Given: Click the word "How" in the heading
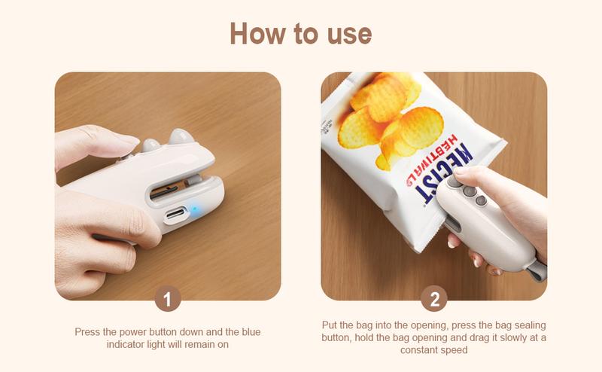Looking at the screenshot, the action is tap(257, 33).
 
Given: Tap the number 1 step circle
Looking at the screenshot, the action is tap(168, 298).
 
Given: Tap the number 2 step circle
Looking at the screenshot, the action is tap(434, 298).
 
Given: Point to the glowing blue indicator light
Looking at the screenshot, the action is tap(194, 209).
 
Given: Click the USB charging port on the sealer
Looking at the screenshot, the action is tap(176, 214).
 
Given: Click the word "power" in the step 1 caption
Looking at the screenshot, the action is tap(133, 332).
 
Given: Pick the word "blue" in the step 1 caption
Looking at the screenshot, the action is tap(251, 331).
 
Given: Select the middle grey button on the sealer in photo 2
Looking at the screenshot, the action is tap(469, 191).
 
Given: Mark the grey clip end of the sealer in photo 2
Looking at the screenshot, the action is tap(537, 270).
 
